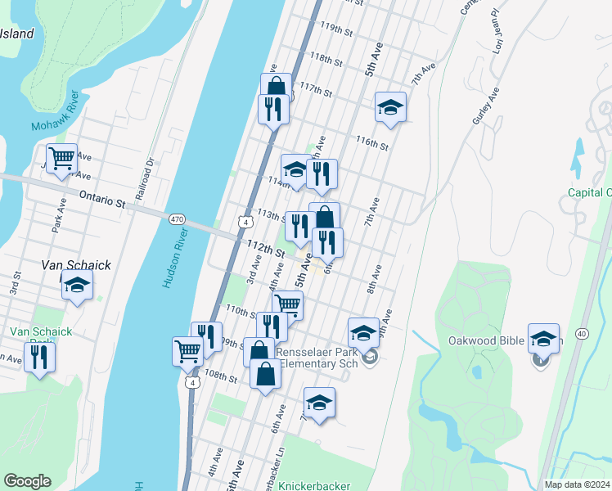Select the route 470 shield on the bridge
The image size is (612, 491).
point(178,218)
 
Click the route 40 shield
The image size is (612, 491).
point(582,333)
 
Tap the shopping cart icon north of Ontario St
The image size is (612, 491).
point(61,158)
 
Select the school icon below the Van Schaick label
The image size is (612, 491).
point(77,286)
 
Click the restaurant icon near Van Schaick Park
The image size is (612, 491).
point(39,356)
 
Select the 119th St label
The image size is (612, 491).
point(336,30)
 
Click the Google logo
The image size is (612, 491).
point(27,481)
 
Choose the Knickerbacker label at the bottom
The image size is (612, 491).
point(313,485)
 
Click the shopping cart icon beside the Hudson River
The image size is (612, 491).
point(187,350)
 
